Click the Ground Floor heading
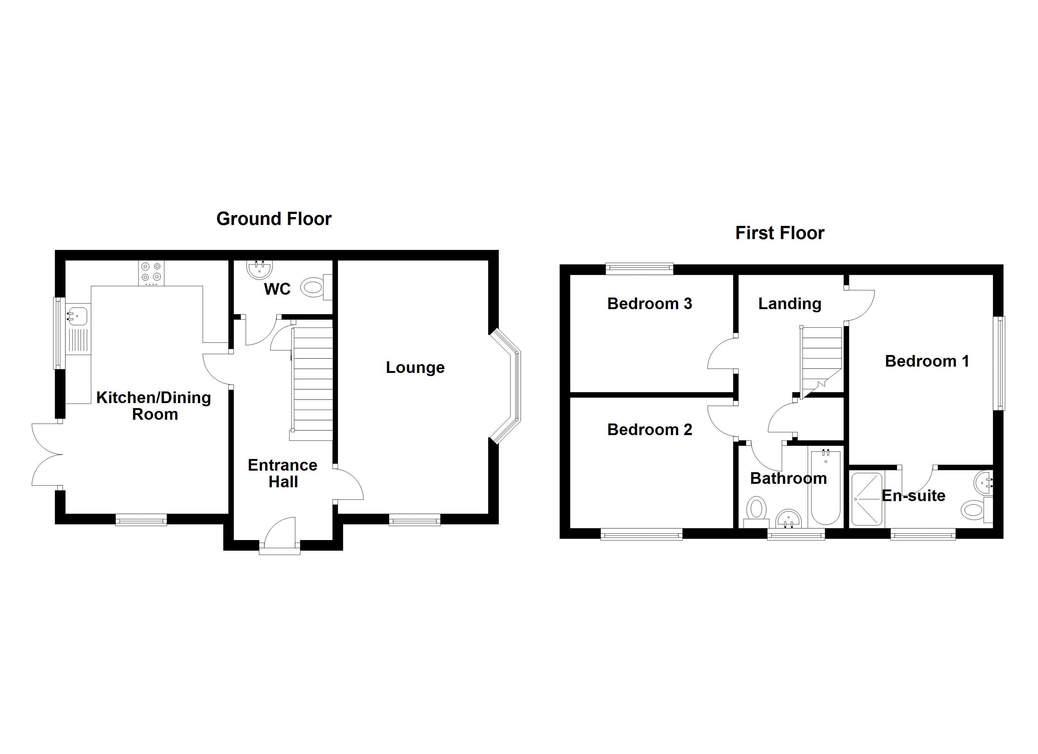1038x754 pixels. coord(274,219)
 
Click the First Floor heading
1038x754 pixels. coord(779,233)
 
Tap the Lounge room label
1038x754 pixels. coord(415,368)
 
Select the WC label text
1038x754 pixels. coord(277,289)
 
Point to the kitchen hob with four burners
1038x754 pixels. coord(151,272)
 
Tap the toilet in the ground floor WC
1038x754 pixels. coord(313,287)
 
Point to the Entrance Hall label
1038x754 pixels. coord(283,473)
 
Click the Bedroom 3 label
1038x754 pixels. coord(650,303)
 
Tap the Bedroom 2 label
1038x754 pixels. coord(650,430)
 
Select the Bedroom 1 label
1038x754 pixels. coord(927,361)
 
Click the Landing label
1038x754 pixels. coord(790,303)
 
